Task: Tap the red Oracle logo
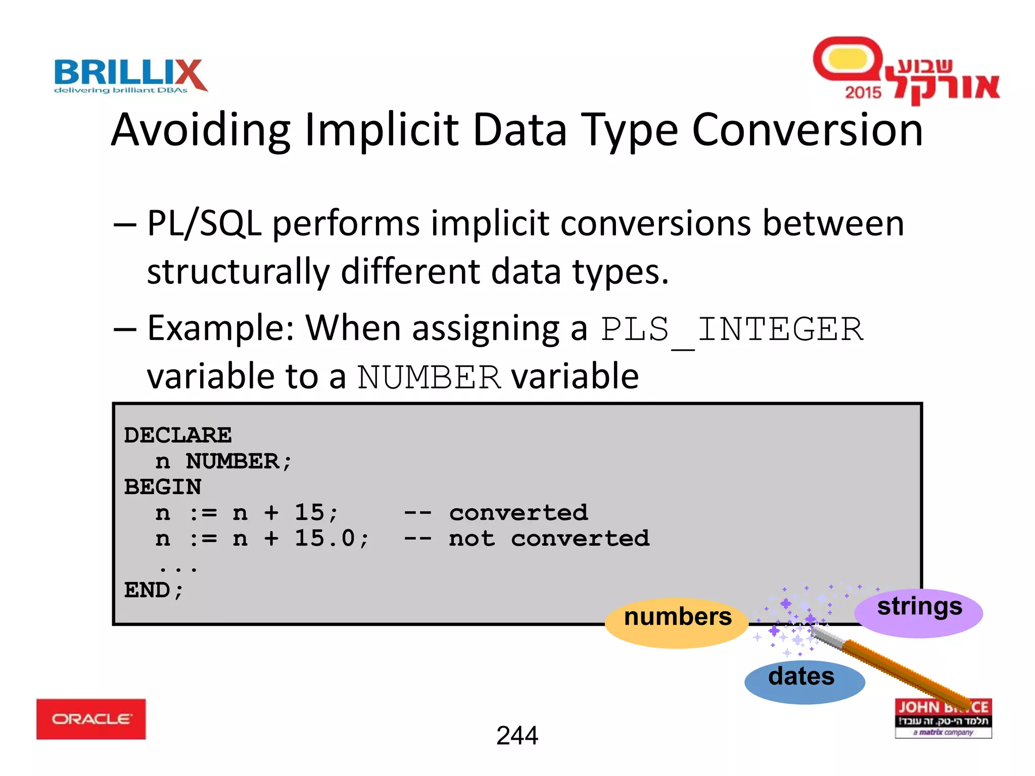point(91,718)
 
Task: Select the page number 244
point(517,736)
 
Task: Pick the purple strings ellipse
point(919,613)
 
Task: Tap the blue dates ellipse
point(804,682)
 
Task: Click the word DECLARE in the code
point(177,435)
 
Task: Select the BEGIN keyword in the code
point(162,487)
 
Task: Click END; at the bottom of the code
point(154,590)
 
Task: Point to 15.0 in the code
point(325,538)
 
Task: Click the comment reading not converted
point(549,539)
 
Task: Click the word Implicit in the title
point(382,130)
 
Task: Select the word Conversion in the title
point(807,130)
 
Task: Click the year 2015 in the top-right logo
point(863,92)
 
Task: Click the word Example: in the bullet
point(220,328)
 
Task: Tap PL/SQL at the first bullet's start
point(204,224)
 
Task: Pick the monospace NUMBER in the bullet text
point(429,377)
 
